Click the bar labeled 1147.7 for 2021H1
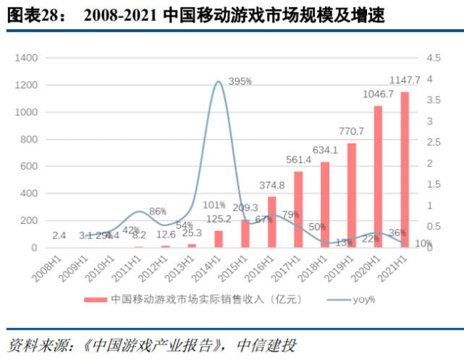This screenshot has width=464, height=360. tap(404, 170)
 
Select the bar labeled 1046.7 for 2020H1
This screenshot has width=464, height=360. tap(378, 177)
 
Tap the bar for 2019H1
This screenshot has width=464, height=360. tap(352, 196)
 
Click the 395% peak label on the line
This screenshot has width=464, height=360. tap(240, 82)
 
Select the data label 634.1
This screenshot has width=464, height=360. tap(325, 151)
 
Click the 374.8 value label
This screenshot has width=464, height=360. tap(271, 185)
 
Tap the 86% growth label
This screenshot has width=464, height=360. tap(158, 212)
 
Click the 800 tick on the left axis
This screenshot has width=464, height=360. tap(30, 139)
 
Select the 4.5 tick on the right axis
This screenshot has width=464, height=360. tap(432, 58)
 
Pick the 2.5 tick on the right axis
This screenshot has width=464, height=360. tap(432, 143)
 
